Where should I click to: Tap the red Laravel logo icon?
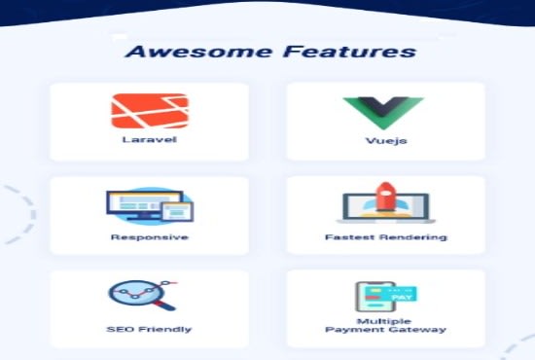pyautogui.click(x=149, y=111)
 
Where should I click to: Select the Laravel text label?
pyautogui.click(x=149, y=140)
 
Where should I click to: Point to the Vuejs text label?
pyautogui.click(x=385, y=140)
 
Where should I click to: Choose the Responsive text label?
pyautogui.click(x=149, y=236)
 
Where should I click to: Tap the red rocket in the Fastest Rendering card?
pyautogui.click(x=384, y=198)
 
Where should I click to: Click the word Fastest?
pyautogui.click(x=344, y=236)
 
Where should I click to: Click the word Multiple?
pyautogui.click(x=385, y=320)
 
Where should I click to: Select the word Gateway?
pyautogui.click(x=419, y=331)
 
